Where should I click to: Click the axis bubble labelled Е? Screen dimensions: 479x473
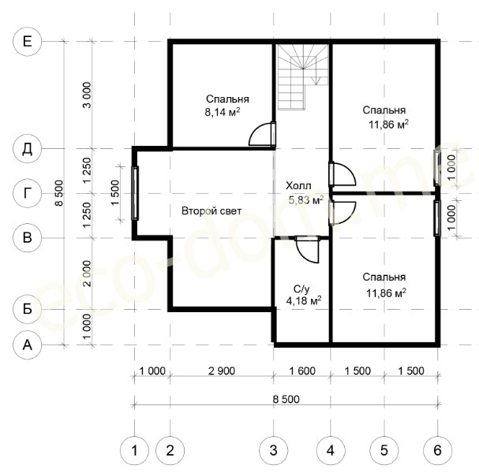coord(27,42)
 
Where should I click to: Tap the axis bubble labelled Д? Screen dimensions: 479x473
coord(27,149)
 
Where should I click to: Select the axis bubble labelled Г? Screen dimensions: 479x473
coord(27,193)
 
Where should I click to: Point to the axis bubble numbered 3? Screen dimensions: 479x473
coord(273,450)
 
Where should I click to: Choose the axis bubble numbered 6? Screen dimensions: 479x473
coord(437,450)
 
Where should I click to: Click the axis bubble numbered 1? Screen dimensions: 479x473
coord(134,450)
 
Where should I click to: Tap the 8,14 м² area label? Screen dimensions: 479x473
coord(223,113)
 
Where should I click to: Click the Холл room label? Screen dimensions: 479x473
coord(298,185)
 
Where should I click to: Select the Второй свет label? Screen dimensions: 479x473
coord(211,210)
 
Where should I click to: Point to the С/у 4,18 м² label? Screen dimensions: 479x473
coord(304,295)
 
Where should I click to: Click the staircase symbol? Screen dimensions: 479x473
coord(302,77)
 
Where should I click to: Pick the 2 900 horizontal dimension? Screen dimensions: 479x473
coord(222,371)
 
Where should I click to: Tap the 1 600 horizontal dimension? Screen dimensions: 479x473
coord(302,371)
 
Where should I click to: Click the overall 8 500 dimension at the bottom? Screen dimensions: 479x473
coord(286,399)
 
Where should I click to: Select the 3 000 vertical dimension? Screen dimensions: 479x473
coord(87,95)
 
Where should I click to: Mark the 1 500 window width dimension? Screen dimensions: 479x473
coord(115,193)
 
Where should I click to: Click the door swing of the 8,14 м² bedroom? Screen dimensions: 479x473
coord(260,134)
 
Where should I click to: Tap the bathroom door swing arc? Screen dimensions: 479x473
coord(307,251)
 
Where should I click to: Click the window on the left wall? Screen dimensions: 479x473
coord(135,193)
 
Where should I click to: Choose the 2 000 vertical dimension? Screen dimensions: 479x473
coord(87,274)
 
